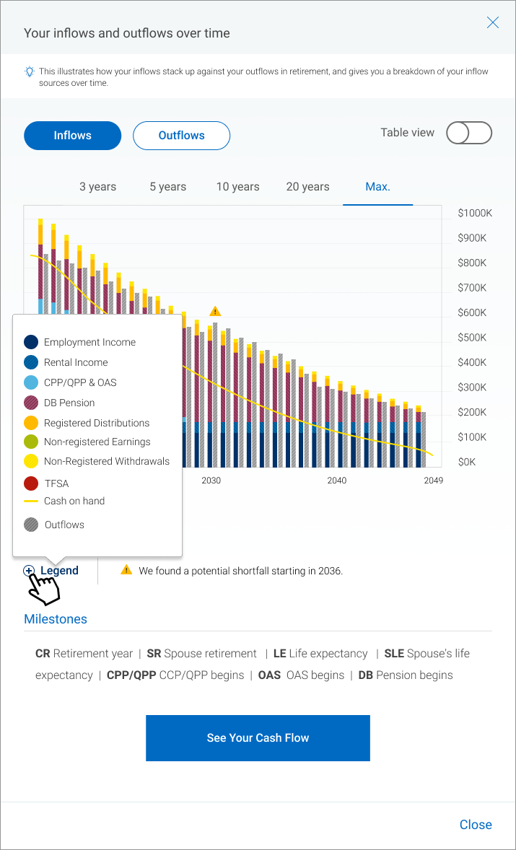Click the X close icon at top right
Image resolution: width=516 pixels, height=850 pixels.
click(493, 22)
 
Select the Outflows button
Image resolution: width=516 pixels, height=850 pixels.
click(181, 136)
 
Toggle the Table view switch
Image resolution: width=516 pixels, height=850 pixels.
click(469, 133)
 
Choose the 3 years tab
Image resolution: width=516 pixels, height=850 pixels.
click(97, 187)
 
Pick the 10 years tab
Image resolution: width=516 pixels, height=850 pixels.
click(237, 187)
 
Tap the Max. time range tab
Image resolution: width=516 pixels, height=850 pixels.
click(377, 187)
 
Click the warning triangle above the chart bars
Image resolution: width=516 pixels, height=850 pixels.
click(215, 311)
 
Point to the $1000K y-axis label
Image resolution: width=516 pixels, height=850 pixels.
click(475, 214)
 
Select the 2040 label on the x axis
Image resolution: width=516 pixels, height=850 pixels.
click(336, 481)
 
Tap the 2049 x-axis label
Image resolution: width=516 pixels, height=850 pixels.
click(433, 481)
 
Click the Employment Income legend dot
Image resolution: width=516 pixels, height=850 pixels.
click(31, 342)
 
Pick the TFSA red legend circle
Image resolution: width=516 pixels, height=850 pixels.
click(31, 483)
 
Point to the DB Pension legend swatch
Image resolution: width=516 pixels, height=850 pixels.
click(31, 403)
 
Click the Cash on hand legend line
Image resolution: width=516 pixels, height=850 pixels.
click(31, 501)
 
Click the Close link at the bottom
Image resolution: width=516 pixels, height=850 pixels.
click(476, 825)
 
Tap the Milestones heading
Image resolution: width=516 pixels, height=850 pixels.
click(56, 619)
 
